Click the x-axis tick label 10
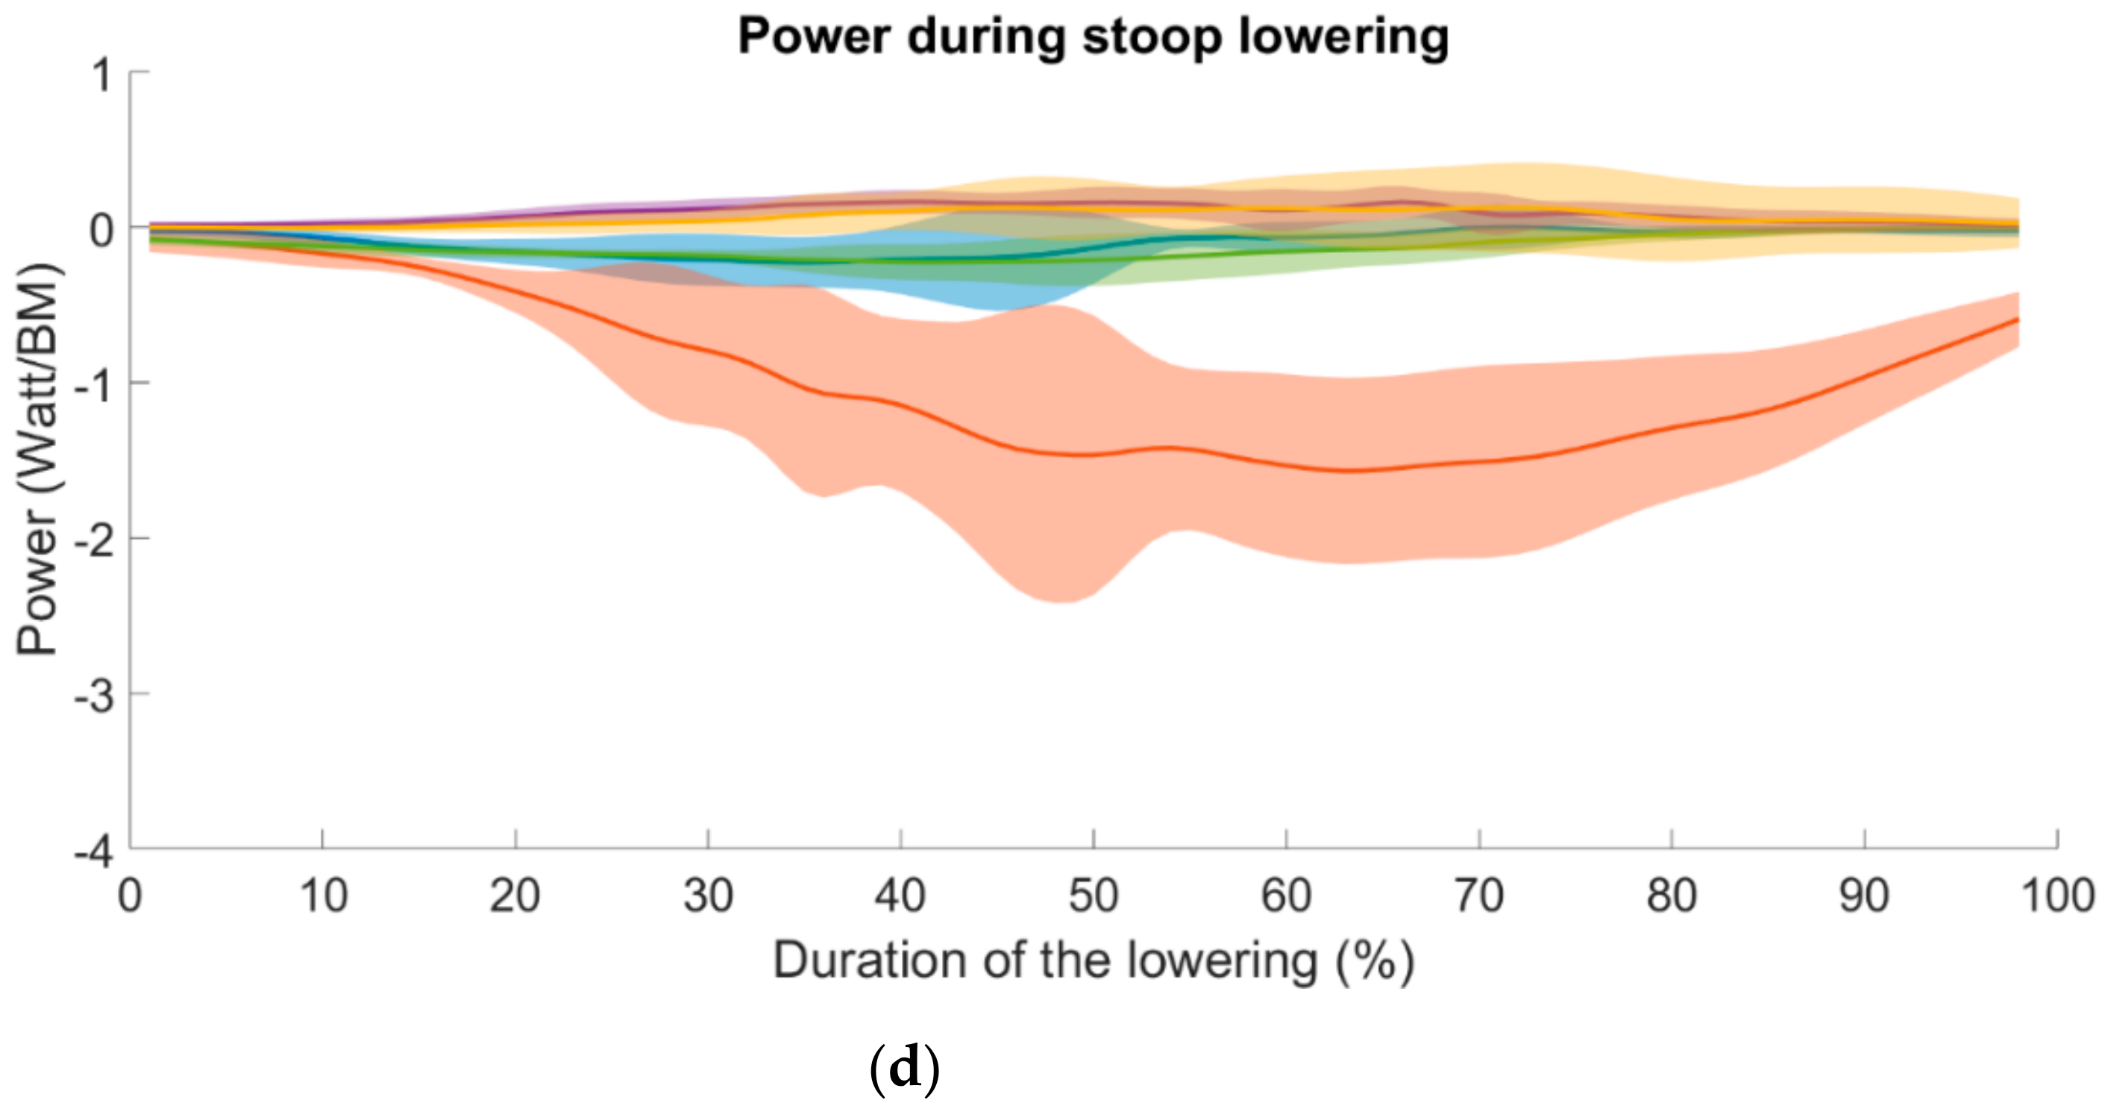point(323,896)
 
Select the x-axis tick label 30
point(708,896)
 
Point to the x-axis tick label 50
point(1094,896)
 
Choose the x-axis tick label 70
point(1478,896)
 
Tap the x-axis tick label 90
point(1864,896)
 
